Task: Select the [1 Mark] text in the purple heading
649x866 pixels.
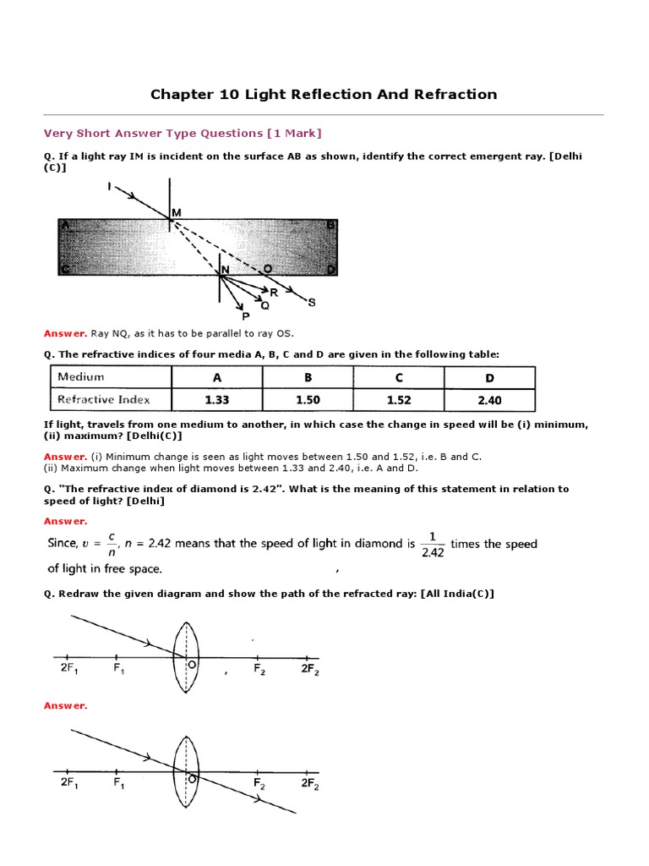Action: (x=294, y=133)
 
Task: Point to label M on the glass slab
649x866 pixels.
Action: (x=177, y=211)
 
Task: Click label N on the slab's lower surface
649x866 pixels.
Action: (x=225, y=271)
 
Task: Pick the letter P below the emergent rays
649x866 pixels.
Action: (x=246, y=315)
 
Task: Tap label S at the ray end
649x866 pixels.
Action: (x=311, y=301)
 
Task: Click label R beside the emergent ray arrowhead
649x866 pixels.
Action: (x=273, y=292)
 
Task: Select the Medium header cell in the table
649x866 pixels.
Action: (x=80, y=377)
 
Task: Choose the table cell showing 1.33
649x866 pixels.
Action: (x=216, y=400)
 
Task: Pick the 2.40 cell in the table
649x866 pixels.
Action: (x=489, y=400)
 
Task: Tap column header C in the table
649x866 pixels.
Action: (x=399, y=378)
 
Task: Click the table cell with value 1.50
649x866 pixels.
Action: (x=308, y=400)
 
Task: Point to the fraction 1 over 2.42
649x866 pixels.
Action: (x=432, y=544)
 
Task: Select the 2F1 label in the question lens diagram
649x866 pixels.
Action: (x=69, y=669)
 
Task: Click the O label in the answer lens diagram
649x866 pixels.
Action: (x=193, y=779)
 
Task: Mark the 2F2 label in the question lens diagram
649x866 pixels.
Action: (x=309, y=669)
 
